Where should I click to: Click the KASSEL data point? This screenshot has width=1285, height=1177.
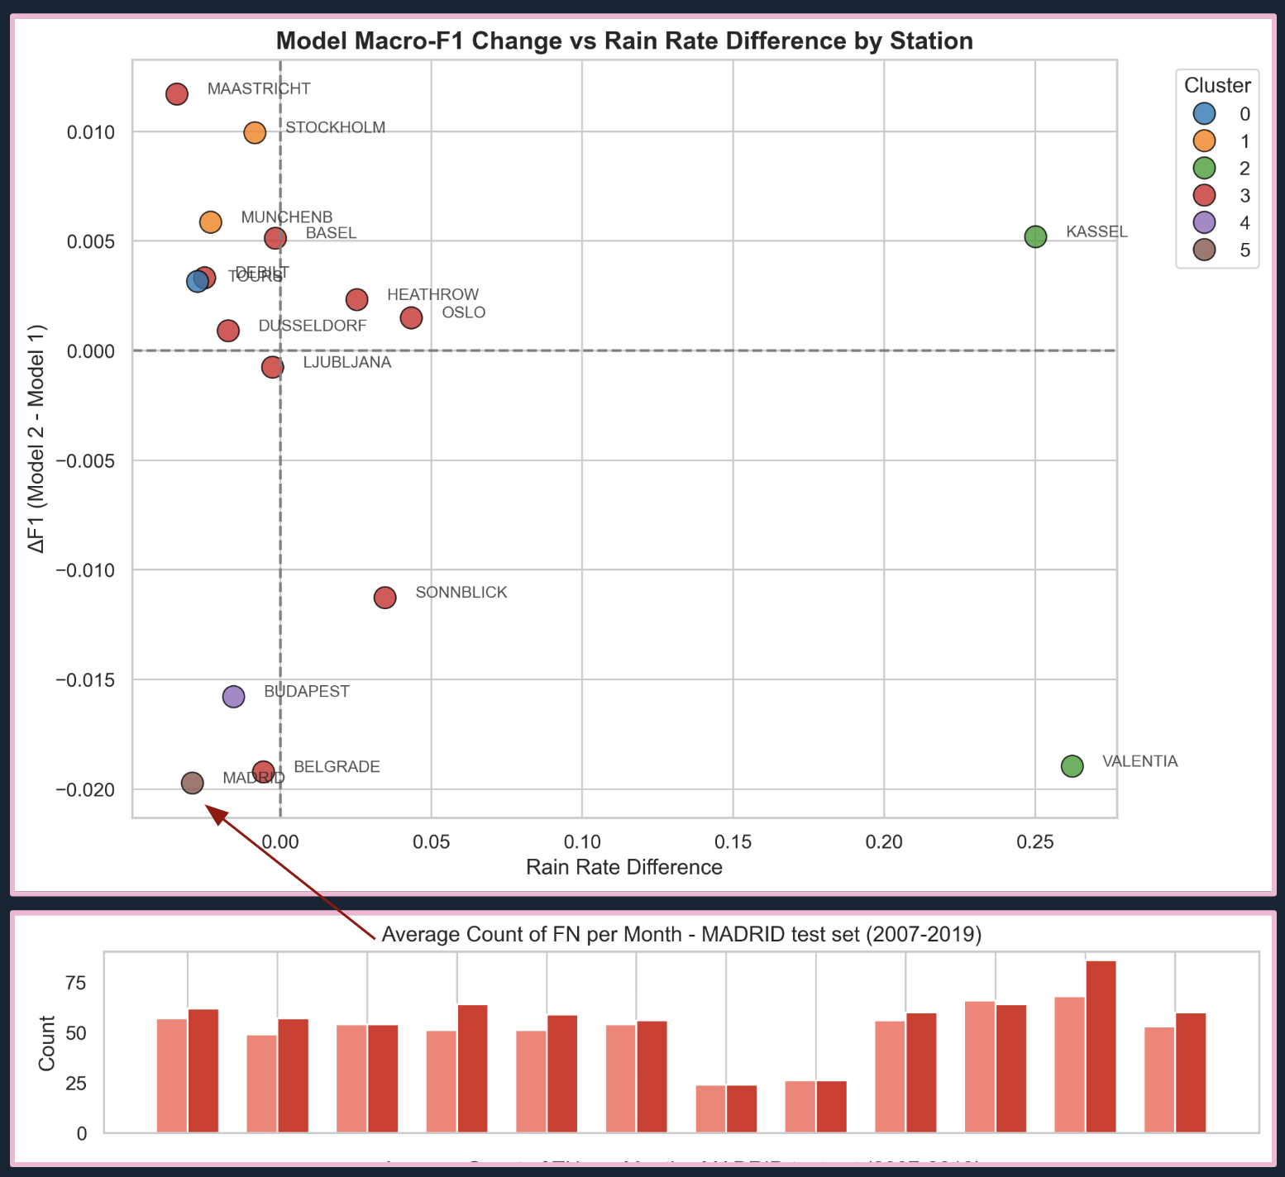point(1035,236)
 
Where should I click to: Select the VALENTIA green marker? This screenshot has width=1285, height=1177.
point(1072,766)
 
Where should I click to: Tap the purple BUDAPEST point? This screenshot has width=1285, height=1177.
point(234,697)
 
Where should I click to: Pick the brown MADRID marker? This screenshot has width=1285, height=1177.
point(193,783)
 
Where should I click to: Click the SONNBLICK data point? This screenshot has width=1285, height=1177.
point(385,598)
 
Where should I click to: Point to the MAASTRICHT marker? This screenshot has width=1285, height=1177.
point(177,94)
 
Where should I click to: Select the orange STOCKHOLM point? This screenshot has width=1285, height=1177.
point(255,132)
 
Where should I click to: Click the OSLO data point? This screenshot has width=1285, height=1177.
point(411,318)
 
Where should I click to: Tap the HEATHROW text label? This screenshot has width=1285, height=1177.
point(432,295)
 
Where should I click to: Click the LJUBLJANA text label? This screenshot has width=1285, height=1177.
point(346,363)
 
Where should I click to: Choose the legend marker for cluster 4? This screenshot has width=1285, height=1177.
point(1205,223)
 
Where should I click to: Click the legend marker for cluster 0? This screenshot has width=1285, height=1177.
point(1205,114)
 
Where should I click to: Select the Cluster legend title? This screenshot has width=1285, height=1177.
point(1217,86)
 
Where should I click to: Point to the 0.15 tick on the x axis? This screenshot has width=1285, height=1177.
point(733,842)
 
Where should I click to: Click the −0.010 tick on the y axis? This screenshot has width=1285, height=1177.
point(85,570)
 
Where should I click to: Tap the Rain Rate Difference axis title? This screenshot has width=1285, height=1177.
point(624,867)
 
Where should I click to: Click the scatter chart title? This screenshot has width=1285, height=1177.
point(624,41)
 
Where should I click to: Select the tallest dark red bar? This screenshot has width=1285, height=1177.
point(1101,1046)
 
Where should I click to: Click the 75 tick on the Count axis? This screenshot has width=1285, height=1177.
point(76,984)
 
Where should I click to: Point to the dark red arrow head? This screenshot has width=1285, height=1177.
point(214,813)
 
